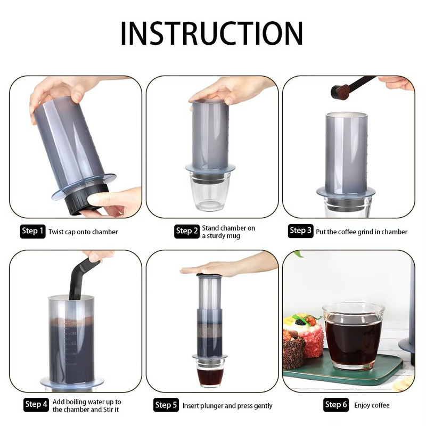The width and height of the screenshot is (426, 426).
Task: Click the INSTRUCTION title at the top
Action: click(212, 33)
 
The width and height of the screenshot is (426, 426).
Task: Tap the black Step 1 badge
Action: click(33, 231)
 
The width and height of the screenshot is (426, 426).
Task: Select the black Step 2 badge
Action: click(186, 231)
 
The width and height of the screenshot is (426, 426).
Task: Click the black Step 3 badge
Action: click(300, 231)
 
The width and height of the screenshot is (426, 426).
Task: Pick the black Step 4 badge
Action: click(36, 405)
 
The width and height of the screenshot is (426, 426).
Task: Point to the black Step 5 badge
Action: click(166, 405)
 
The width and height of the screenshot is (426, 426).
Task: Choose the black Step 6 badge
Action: click(335, 405)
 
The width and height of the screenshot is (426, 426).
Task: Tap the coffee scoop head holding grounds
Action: click(340, 92)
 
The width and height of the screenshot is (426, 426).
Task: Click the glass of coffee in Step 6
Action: click(353, 335)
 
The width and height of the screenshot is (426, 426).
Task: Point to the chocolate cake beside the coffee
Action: click(293, 349)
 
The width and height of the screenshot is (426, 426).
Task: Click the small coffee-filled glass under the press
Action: click(210, 373)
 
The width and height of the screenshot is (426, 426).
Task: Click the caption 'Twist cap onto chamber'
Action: click(83, 232)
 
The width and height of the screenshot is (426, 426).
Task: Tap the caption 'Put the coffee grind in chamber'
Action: click(362, 232)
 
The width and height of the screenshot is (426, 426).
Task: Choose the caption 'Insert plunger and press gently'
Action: click(227, 406)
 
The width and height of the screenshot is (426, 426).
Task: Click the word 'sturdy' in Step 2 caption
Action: click(220, 235)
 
